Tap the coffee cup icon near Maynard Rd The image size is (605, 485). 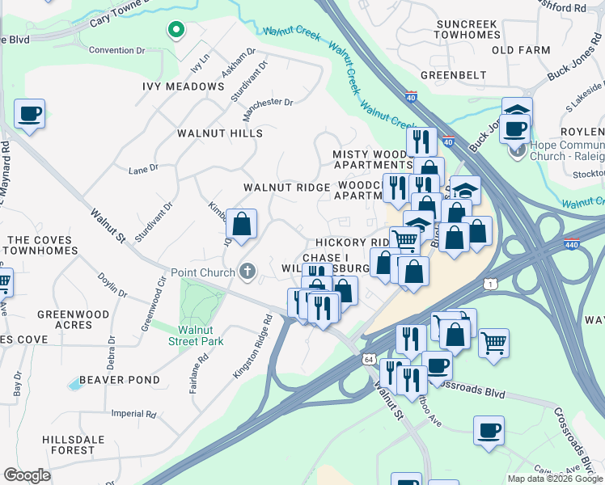[29, 115]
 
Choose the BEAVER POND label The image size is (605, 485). [120, 380]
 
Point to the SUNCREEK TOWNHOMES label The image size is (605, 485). [467, 30]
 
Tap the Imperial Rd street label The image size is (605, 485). [133, 414]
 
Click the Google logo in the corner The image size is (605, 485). [27, 475]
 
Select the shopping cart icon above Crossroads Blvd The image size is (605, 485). [493, 343]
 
